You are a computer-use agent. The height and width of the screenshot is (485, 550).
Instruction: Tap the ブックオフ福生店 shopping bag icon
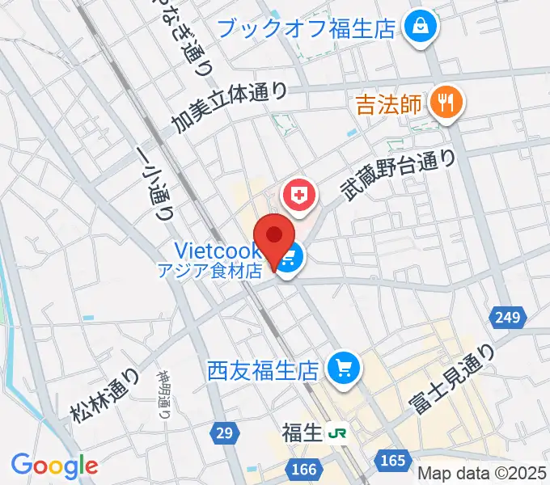421,27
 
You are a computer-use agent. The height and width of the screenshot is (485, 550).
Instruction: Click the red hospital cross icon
298,196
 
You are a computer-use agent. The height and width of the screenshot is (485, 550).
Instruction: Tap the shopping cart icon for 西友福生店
343,370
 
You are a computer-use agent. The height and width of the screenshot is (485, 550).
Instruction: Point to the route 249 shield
507,316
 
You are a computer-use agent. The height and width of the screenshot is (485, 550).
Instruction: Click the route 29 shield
225,433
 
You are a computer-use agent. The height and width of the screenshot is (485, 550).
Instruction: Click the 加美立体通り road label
229,108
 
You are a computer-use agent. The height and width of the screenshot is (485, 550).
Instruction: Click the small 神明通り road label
163,394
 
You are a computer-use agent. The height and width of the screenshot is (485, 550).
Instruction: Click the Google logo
54,465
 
